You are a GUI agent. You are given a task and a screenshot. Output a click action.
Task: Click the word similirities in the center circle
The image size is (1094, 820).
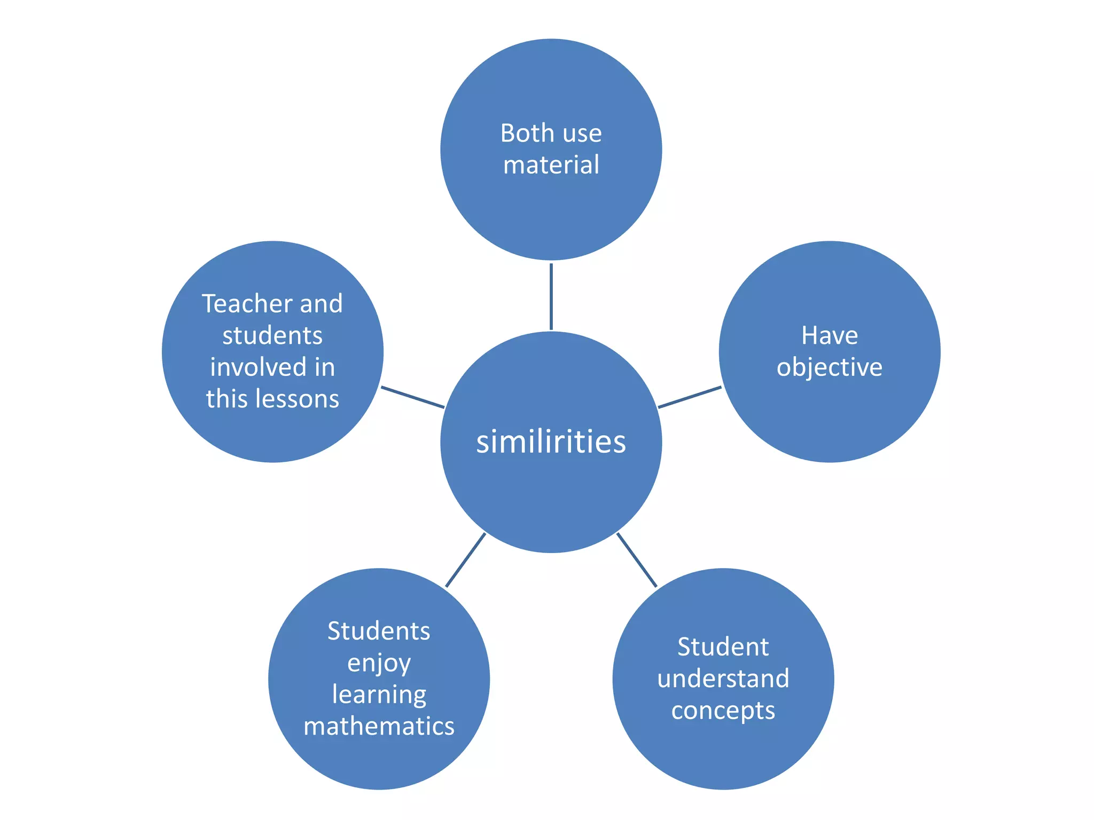(551, 442)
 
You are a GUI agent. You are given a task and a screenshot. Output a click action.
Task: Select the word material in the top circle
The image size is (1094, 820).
(551, 164)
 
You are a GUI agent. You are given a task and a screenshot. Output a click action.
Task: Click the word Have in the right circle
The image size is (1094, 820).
(829, 336)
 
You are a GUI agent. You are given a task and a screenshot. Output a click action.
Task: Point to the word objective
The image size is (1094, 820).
(829, 368)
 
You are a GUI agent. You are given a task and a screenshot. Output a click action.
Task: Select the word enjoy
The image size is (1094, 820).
(379, 664)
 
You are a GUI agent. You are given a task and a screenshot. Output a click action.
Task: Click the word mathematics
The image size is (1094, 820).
(379, 726)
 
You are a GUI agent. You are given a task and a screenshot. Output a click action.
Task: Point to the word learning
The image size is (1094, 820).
(379, 695)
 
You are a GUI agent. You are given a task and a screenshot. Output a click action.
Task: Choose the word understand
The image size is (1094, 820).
(723, 679)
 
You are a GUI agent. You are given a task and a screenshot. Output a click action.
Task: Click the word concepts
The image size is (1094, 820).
(723, 711)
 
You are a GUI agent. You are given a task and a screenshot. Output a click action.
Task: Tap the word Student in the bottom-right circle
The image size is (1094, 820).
(723, 647)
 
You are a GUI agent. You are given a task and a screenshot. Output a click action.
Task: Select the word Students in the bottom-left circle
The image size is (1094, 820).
(379, 631)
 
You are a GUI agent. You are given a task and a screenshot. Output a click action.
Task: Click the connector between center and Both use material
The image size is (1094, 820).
(551, 296)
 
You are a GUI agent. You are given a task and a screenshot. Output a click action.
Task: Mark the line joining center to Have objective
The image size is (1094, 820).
(690, 397)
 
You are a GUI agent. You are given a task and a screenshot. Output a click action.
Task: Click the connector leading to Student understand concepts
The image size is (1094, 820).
(637, 560)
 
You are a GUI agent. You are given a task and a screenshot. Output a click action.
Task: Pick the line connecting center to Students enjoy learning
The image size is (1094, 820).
(465, 560)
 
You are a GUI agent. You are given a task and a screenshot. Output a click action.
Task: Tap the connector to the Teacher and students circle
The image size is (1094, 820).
(412, 397)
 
